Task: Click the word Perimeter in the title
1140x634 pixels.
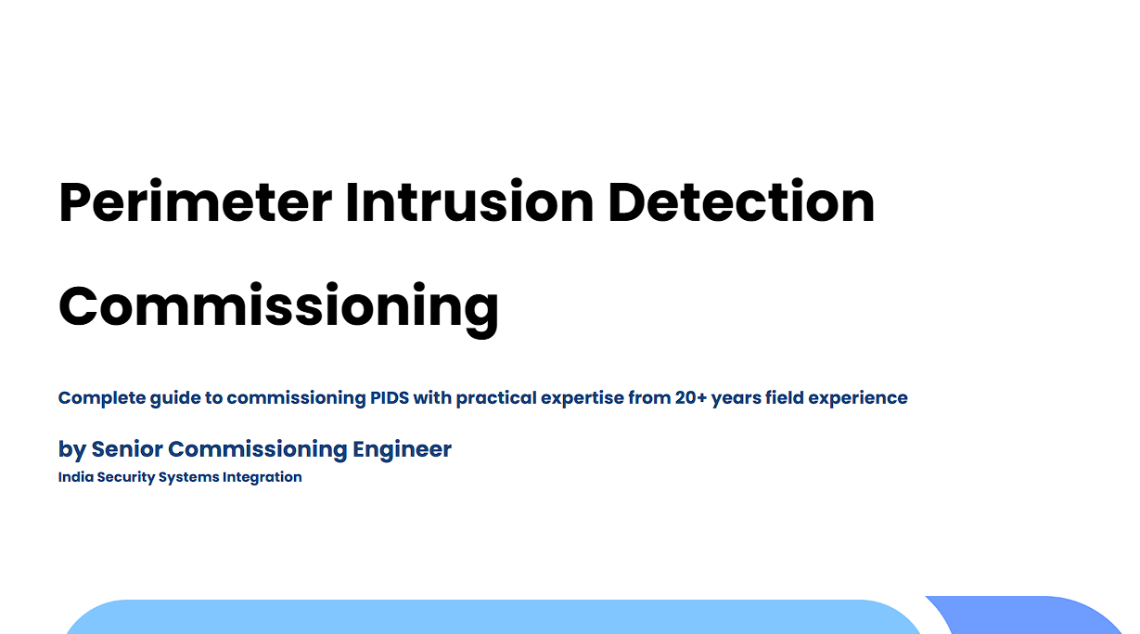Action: [x=196, y=202]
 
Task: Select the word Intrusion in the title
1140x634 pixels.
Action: [x=469, y=201]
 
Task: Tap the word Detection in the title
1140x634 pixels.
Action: [x=741, y=201]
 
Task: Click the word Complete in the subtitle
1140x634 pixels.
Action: [x=102, y=398]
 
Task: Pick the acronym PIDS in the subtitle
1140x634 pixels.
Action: [x=390, y=397]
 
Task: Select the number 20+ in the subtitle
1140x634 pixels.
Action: [x=691, y=397]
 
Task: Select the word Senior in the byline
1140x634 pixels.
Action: [x=127, y=449]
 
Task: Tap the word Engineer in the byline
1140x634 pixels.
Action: [x=402, y=450]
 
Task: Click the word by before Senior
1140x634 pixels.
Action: [x=72, y=450]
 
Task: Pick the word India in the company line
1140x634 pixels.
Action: [x=75, y=477]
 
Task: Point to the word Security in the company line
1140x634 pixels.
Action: [x=126, y=478]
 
